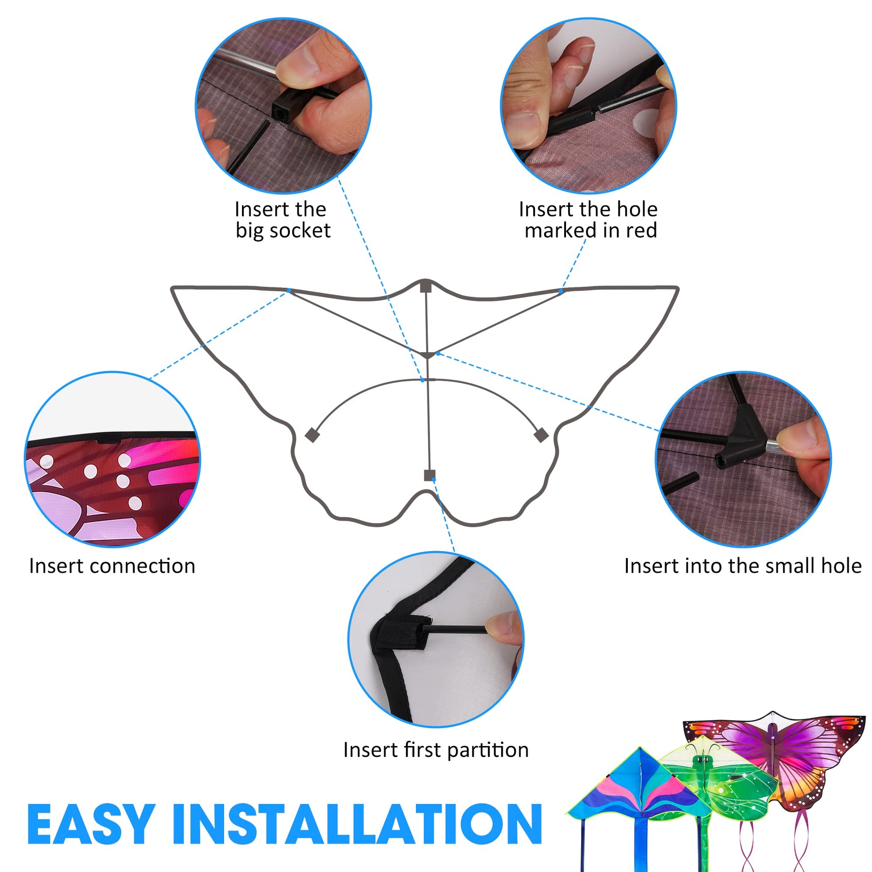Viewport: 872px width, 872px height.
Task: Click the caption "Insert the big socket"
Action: pyautogui.click(x=283, y=220)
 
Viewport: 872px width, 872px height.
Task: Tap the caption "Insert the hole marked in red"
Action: pyautogui.click(x=588, y=220)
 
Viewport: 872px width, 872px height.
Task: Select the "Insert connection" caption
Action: pyautogui.click(x=112, y=566)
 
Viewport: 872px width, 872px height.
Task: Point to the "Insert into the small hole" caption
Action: pyautogui.click(x=743, y=566)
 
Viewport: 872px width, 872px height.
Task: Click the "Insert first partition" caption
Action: pyautogui.click(x=436, y=750)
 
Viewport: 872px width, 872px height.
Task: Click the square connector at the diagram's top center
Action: pyautogui.click(x=426, y=288)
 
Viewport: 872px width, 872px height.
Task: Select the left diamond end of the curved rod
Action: pyautogui.click(x=312, y=435)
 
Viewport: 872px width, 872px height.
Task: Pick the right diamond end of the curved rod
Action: pyautogui.click(x=541, y=435)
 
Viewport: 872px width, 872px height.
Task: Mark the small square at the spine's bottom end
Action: pyautogui.click(x=430, y=475)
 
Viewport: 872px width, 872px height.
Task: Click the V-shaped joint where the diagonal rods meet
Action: pyautogui.click(x=427, y=355)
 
